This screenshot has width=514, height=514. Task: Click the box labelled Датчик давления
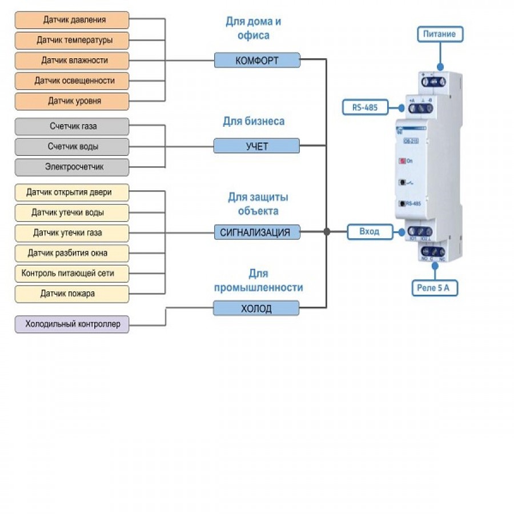pyautogui.click(x=72, y=20)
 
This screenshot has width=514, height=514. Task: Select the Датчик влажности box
pyautogui.click(x=72, y=60)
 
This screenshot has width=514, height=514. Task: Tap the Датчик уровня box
pyautogui.click(x=72, y=101)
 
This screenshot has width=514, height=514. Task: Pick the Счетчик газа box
pyautogui.click(x=72, y=126)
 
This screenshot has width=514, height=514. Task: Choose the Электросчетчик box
pyautogui.click(x=72, y=167)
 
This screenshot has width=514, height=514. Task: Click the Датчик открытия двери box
pyautogui.click(x=72, y=192)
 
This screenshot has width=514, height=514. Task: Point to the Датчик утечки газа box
pyautogui.click(x=72, y=232)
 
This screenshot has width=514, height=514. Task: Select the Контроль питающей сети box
pyautogui.click(x=72, y=274)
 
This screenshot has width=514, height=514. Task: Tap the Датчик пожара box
pyautogui.click(x=72, y=294)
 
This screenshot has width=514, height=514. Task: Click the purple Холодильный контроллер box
pyautogui.click(x=72, y=324)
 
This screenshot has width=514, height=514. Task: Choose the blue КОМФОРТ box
pyautogui.click(x=257, y=60)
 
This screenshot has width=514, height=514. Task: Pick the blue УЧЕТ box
pyautogui.click(x=257, y=146)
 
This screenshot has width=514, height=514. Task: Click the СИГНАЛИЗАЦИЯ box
pyautogui.click(x=257, y=232)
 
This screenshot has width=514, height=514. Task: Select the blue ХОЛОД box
pyautogui.click(x=257, y=309)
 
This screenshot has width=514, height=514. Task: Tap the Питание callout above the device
pyautogui.click(x=439, y=34)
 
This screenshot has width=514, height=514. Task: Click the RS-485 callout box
pyautogui.click(x=366, y=107)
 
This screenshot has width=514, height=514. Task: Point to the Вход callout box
pyautogui.click(x=371, y=232)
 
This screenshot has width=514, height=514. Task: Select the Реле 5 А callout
pyautogui.click(x=435, y=288)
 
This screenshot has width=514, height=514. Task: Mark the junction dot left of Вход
pyautogui.click(x=327, y=232)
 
